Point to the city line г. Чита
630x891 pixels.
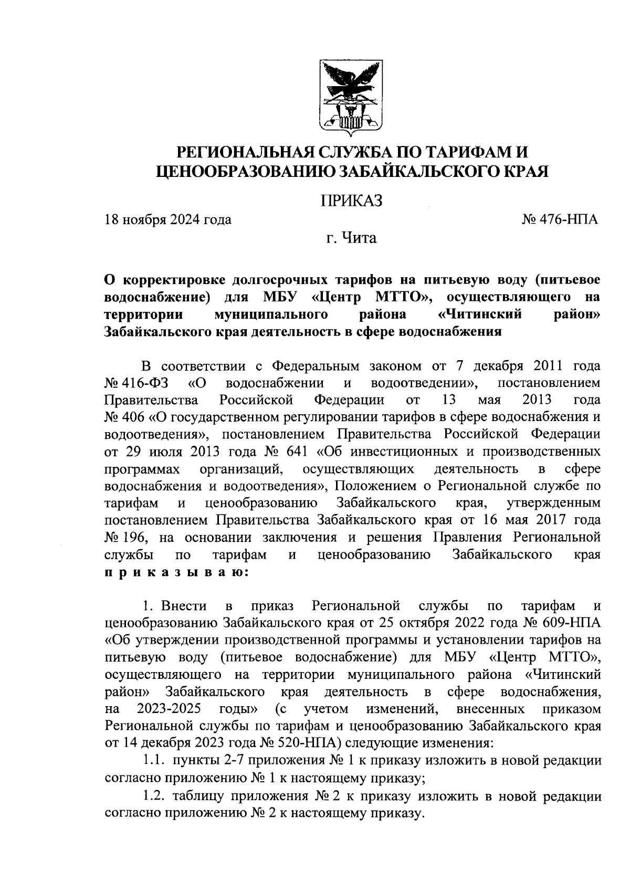(x=350, y=238)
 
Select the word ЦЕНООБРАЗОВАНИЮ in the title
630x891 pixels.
(x=244, y=172)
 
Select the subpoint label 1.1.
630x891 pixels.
(x=153, y=761)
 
